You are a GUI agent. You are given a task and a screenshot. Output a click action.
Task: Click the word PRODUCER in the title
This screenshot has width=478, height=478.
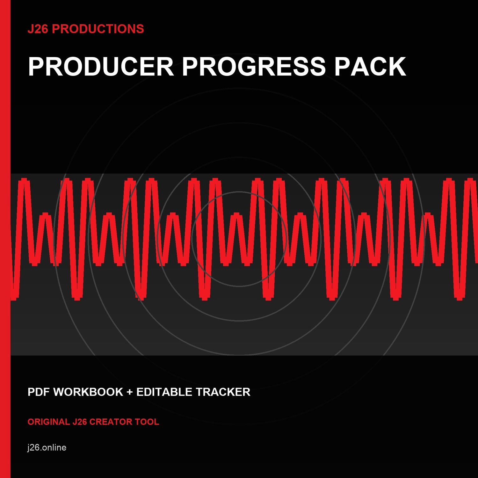point(101,67)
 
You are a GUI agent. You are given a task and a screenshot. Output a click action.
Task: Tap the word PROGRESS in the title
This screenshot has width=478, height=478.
point(254,67)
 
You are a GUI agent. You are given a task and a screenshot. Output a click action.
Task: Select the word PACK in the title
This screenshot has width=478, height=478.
point(370,67)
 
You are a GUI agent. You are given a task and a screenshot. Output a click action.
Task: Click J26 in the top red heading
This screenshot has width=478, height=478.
point(38,29)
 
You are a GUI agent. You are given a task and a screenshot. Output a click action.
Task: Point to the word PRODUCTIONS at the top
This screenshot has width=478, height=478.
point(98,29)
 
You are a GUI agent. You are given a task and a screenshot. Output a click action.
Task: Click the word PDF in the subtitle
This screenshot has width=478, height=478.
point(39,392)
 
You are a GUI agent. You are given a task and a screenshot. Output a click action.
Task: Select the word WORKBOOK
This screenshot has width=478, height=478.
point(88,392)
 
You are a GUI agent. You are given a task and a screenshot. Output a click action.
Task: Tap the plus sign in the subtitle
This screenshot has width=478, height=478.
point(130,392)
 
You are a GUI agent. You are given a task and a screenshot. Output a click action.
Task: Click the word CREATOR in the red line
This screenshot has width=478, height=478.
point(111,422)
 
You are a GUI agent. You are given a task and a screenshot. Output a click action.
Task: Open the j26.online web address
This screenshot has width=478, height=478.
point(47,448)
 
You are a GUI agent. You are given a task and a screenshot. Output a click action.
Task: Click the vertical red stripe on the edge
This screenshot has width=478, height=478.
point(5,239)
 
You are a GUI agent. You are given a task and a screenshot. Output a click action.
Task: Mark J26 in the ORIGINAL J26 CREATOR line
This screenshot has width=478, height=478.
point(80,422)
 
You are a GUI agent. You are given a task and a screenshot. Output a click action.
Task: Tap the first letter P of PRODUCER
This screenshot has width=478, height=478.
point(37,67)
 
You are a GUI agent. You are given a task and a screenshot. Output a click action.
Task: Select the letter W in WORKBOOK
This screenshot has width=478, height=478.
point(60,392)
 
